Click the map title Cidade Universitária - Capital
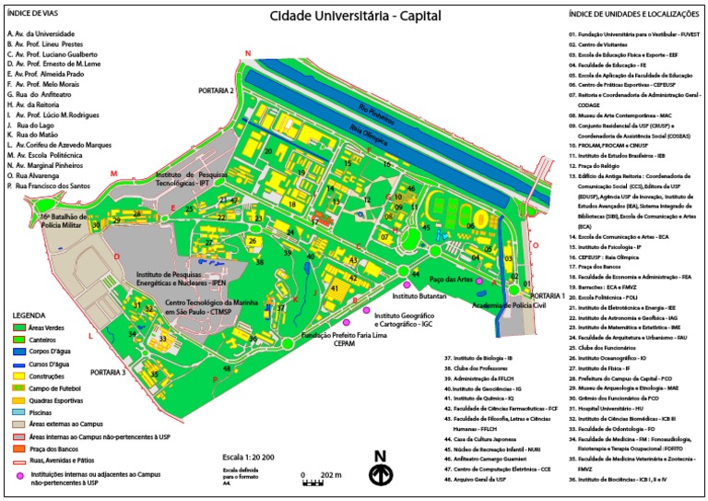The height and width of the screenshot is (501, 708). pos(355,16)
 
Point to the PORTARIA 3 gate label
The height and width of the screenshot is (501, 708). pos(108,371)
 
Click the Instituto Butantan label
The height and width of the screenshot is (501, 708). pos(419,297)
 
